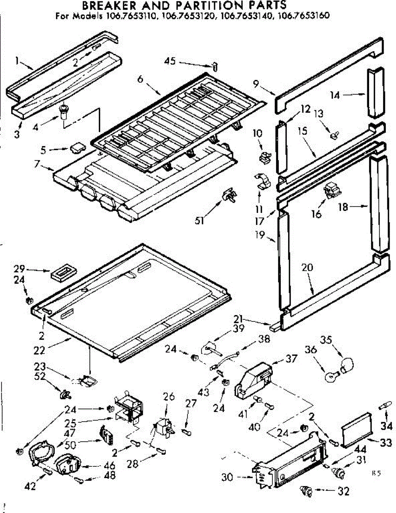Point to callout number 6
tap(140, 79)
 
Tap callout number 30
tap(227, 477)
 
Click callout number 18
tap(342, 207)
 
